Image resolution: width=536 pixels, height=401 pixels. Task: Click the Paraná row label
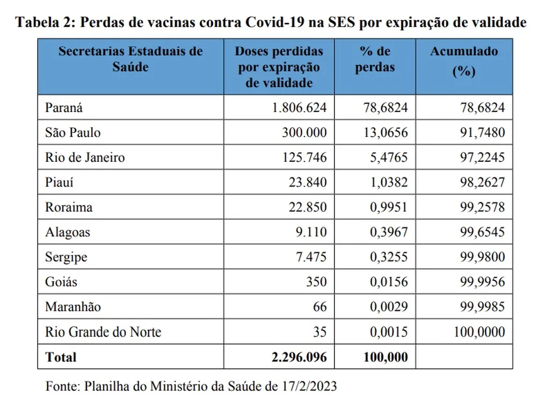(x=64, y=108)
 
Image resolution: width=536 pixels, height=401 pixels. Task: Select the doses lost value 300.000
(x=304, y=132)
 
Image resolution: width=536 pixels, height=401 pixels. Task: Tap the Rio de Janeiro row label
(x=85, y=157)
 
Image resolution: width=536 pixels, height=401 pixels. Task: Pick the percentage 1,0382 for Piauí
(x=389, y=182)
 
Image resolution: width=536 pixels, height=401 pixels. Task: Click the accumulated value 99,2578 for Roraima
(x=482, y=207)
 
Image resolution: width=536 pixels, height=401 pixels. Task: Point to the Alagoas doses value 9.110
(x=311, y=232)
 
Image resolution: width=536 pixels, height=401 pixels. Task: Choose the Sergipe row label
(x=66, y=257)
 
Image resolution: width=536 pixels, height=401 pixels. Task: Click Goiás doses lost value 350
(x=317, y=281)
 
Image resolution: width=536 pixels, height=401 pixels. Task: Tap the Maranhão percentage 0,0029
(x=389, y=307)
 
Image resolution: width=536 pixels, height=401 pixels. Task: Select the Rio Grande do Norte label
(x=103, y=332)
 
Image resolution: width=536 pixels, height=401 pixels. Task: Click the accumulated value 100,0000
(x=479, y=332)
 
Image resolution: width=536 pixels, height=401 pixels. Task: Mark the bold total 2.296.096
(x=300, y=357)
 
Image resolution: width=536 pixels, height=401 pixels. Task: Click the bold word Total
(x=61, y=357)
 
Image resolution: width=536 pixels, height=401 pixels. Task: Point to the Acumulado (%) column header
(x=464, y=61)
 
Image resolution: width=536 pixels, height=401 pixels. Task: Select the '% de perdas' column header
(x=375, y=59)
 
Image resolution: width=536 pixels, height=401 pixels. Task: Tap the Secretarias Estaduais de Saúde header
(x=131, y=59)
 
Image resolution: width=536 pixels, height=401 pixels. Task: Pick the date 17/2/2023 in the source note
(x=309, y=387)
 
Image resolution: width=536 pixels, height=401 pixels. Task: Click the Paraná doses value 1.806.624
(x=300, y=108)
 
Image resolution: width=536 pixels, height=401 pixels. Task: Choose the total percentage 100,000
(x=386, y=357)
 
